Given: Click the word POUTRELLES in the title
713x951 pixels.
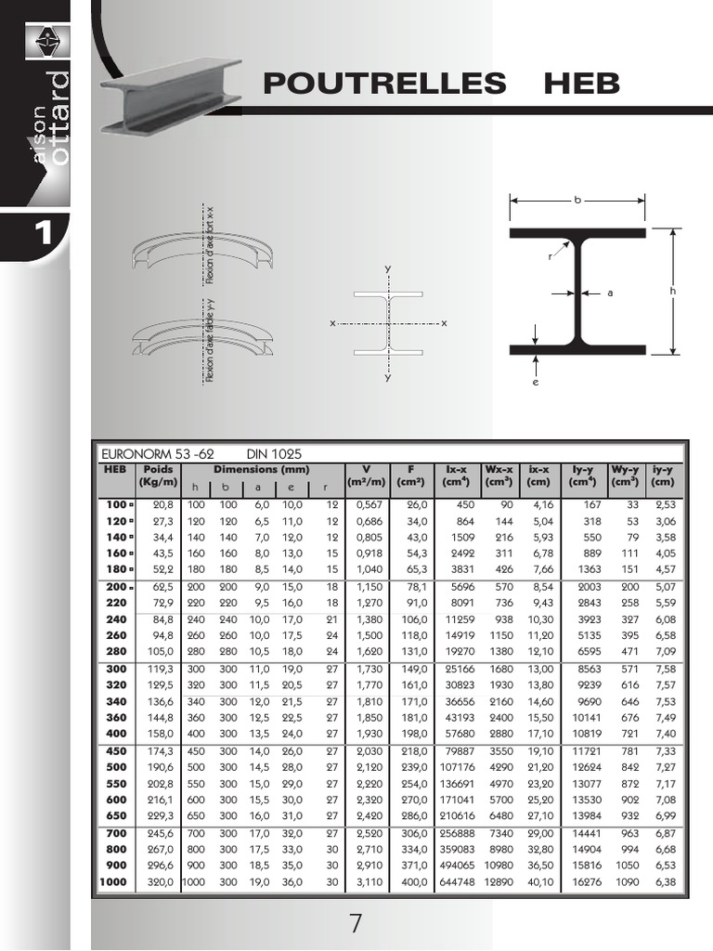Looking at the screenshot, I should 384,84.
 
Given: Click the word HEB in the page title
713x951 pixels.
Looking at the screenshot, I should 581,84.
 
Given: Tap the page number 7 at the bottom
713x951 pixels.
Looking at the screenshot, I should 356,924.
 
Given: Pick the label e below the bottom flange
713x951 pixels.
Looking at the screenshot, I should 536,382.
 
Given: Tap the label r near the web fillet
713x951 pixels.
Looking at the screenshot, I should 550,256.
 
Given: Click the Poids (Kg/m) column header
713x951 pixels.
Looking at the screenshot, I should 159,475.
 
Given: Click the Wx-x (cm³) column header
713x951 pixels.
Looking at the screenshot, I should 499,475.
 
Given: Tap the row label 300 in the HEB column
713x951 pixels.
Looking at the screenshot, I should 117,668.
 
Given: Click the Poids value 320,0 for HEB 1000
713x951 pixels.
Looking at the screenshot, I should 160,881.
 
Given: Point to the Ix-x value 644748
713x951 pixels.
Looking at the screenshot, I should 456,881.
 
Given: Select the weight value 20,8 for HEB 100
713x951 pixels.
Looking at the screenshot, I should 162,504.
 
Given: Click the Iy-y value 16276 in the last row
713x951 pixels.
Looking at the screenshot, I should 583,881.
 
